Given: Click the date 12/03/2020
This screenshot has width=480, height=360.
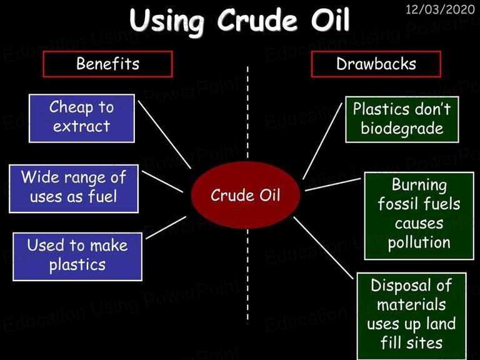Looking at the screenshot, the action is coord(440,9).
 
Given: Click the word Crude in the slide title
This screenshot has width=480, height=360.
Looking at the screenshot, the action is coord(257,20).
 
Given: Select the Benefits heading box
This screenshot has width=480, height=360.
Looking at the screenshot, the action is coord(107,64).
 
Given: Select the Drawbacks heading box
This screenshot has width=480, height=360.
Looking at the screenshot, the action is coord(376,64).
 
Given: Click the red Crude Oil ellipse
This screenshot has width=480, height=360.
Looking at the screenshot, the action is coord(245,195).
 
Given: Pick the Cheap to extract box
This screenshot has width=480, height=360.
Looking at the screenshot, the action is coord(82,118).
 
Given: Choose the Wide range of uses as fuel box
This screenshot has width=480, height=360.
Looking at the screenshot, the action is coord(74,189).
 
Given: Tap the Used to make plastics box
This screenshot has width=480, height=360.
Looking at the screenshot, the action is coord(77,256).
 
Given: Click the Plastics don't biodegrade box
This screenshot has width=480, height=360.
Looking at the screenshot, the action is coord(402,119).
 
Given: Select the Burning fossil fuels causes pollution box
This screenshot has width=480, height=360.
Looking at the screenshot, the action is coord(419,216).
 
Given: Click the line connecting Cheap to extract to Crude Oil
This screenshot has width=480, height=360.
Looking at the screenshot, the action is coord(164,134).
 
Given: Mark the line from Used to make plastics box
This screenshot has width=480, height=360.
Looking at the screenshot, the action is coord(166,227).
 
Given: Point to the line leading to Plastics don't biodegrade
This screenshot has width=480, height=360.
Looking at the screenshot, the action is coord(322,141).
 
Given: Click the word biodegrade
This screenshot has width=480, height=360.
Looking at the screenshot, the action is coord(402,129).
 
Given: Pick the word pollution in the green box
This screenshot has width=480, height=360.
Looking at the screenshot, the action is coord(419,243).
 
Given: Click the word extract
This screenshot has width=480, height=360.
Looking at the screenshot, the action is coord(81,126).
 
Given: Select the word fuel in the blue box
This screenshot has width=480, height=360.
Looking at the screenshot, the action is coord(102,196).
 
